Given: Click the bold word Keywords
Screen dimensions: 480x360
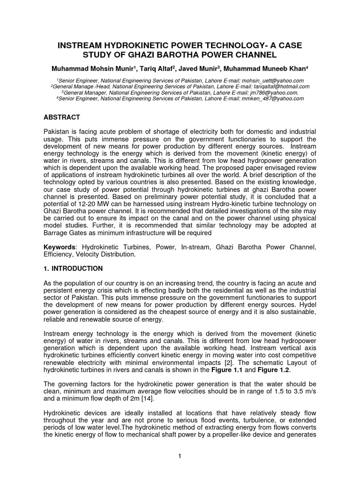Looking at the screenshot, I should [x=60, y=247].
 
